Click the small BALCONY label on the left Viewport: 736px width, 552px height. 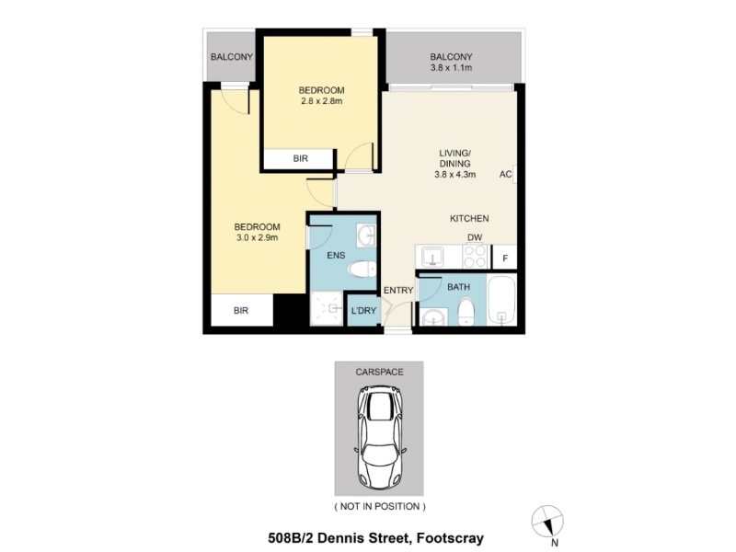tap(232, 57)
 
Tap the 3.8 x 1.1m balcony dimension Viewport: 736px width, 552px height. tap(451, 67)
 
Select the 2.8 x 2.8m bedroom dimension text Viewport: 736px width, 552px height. tap(321, 101)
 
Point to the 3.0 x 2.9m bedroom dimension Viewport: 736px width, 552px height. tap(257, 237)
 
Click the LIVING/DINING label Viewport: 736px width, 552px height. tap(454, 158)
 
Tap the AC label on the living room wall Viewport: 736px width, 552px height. tap(505, 174)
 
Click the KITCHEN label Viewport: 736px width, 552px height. tap(469, 218)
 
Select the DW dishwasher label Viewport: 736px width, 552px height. tap(475, 237)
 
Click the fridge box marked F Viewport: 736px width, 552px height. tap(504, 258)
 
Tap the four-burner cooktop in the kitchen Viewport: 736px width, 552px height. tap(475, 257)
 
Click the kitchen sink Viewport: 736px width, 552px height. tap(432, 257)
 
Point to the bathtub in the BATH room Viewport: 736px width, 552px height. tap(501, 301)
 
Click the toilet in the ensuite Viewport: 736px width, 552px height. tap(362, 270)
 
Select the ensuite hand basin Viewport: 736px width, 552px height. tap(366, 236)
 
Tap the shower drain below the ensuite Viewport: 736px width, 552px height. tap(334, 308)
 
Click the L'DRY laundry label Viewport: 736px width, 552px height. tap(363, 310)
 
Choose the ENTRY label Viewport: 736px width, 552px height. tap(398, 291)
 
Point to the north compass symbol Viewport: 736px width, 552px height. tap(547, 523)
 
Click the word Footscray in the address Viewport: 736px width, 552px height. tap(450, 538)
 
